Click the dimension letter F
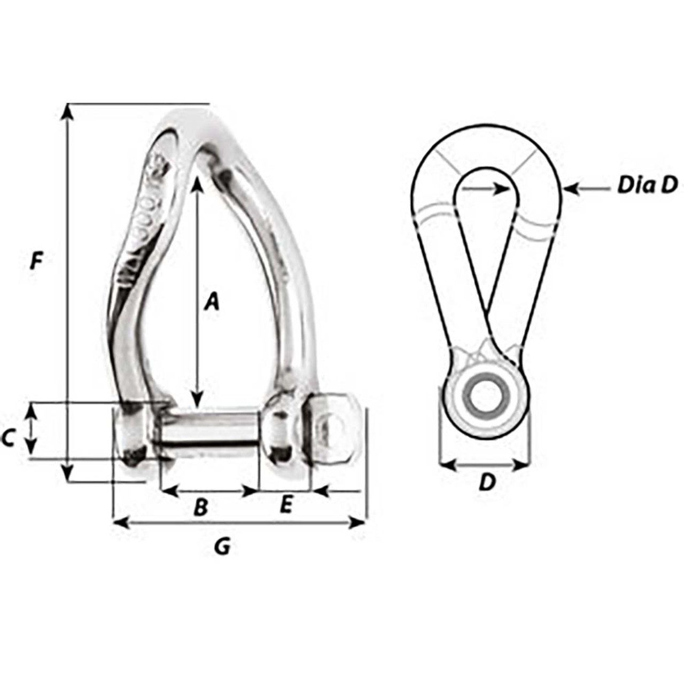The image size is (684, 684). tap(36, 262)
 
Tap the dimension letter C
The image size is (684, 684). tap(8, 438)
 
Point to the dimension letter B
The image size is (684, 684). tap(200, 507)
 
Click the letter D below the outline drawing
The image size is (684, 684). tap(486, 483)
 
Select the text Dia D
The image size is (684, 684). tap(647, 185)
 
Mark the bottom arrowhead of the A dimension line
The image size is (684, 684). tap(198, 401)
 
